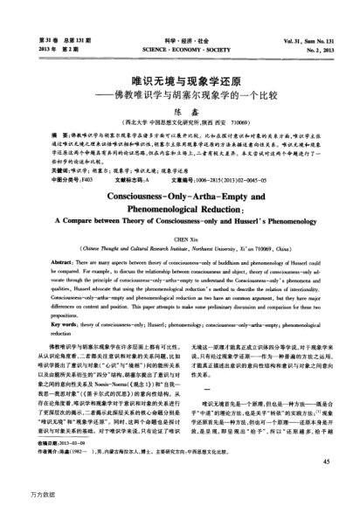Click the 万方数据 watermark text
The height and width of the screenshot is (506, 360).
pyautogui.click(x=17, y=495)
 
